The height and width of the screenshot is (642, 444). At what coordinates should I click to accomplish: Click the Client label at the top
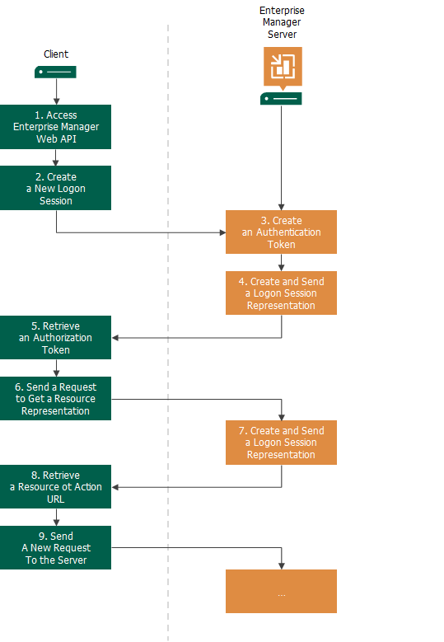56,54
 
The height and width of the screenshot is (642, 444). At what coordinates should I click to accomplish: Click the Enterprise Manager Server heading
282,23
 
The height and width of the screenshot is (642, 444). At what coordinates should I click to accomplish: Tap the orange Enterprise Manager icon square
283,67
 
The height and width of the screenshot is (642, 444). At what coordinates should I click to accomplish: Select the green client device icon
55,73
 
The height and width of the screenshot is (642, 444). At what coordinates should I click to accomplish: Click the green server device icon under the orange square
282,99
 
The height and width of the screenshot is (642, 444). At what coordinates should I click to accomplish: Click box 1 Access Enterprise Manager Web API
55,127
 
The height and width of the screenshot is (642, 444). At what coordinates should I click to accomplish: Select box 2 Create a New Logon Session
55,188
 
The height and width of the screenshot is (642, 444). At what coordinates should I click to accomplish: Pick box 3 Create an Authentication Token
282,232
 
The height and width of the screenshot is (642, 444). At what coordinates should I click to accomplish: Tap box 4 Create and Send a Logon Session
282,293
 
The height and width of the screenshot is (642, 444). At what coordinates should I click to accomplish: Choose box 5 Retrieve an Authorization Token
55,338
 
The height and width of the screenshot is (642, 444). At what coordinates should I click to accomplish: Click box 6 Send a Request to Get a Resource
55,399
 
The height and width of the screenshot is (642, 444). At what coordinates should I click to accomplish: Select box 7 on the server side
282,443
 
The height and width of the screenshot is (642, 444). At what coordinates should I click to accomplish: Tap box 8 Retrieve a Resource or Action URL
55,487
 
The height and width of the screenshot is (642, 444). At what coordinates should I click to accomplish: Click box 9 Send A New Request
55,548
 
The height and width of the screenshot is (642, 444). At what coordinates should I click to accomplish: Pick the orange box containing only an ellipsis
282,592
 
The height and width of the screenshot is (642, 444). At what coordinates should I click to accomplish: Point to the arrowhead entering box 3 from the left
222,232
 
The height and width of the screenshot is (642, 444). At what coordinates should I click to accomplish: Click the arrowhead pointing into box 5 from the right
115,338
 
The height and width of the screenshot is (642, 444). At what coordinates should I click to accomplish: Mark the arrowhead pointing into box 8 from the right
115,487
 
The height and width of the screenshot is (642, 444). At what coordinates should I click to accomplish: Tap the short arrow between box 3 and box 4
282,263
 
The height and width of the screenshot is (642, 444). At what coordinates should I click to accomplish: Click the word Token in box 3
282,245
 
